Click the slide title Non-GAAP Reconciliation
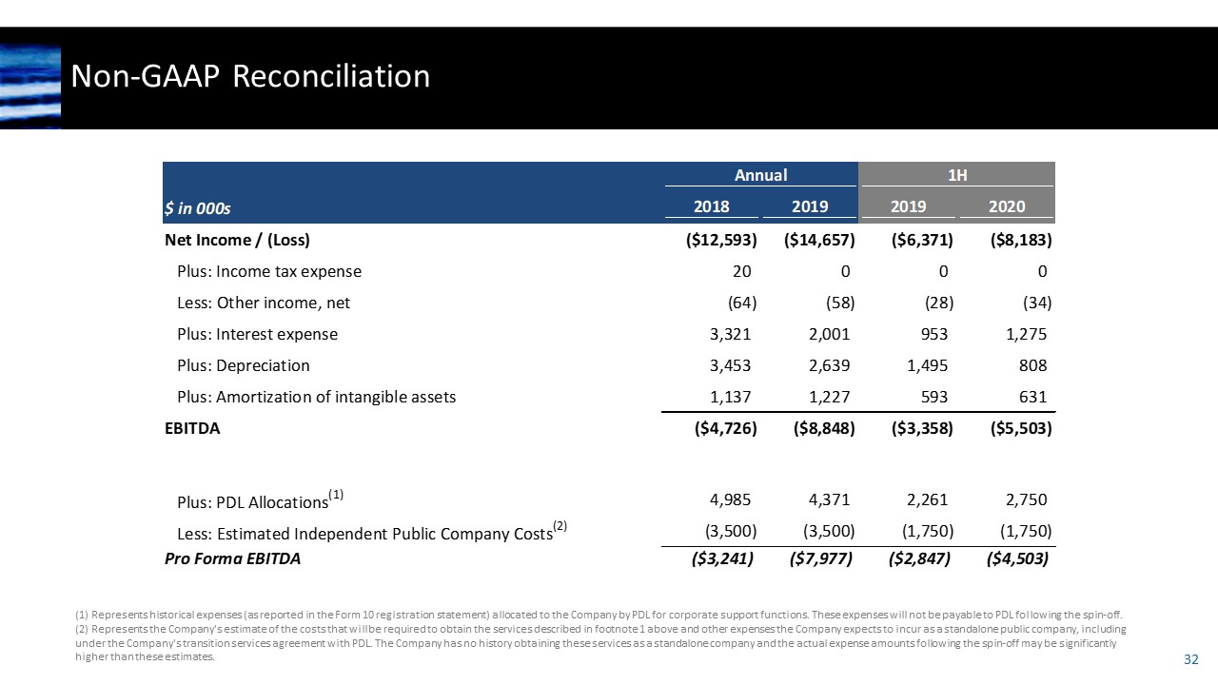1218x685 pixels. pos(251,76)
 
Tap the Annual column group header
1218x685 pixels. pos(760,174)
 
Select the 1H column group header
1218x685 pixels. pos(957,174)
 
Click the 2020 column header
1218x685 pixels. pos(1006,206)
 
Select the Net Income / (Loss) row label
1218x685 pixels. pos(238,239)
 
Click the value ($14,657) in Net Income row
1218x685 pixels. pos(819,239)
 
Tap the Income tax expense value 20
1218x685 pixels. pos(742,271)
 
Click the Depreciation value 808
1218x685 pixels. pos(1031,365)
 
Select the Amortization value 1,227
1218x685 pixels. pos(824,397)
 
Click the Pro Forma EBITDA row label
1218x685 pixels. pos(233,558)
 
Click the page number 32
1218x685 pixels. pos(1189,659)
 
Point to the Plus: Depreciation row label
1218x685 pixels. pos(244,365)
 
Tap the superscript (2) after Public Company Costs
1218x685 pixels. pos(560,526)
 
